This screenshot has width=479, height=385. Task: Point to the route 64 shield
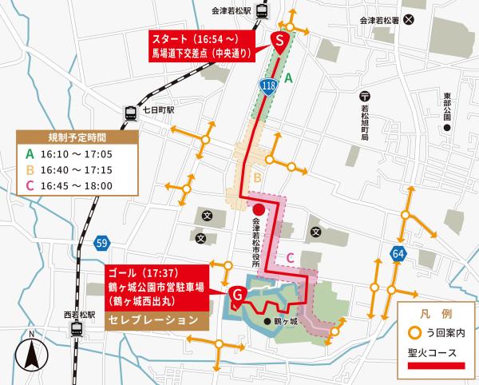(397, 254)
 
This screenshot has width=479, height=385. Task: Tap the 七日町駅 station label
(158, 109)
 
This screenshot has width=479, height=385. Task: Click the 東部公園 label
(447, 109)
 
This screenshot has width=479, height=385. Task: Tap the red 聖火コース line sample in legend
(435, 366)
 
